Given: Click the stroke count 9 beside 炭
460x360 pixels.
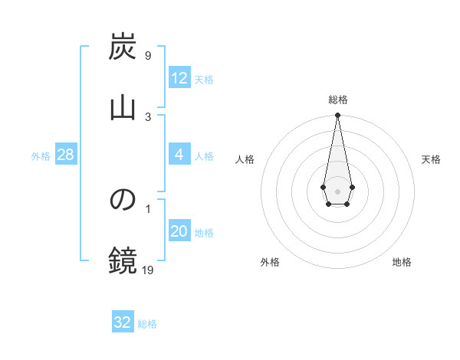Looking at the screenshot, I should tap(148, 56).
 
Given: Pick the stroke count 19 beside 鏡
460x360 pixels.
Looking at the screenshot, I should tap(148, 269).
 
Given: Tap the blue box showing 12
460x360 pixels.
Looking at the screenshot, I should tap(179, 78).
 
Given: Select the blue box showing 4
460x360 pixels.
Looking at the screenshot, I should tap(179, 155).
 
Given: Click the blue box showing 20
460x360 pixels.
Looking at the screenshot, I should tap(179, 231).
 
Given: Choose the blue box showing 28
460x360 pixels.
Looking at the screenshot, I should tap(66, 155).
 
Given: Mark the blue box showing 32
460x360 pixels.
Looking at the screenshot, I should tap(123, 322).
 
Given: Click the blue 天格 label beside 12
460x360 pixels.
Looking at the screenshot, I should tap(204, 80).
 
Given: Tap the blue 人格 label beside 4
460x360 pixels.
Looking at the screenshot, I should tap(204, 156).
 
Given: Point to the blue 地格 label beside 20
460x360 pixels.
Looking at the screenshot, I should tap(204, 233).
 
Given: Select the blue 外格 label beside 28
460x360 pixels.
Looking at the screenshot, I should tap(41, 156).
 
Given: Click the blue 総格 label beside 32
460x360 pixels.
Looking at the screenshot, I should tap(147, 324).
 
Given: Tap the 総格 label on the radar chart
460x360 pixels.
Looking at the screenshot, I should tap(337, 100).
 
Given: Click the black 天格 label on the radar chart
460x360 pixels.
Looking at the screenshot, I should tap(432, 159).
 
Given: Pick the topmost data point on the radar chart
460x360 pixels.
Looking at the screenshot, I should tap(337, 116).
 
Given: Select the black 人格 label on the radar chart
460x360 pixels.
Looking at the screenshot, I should tap(245, 159).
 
